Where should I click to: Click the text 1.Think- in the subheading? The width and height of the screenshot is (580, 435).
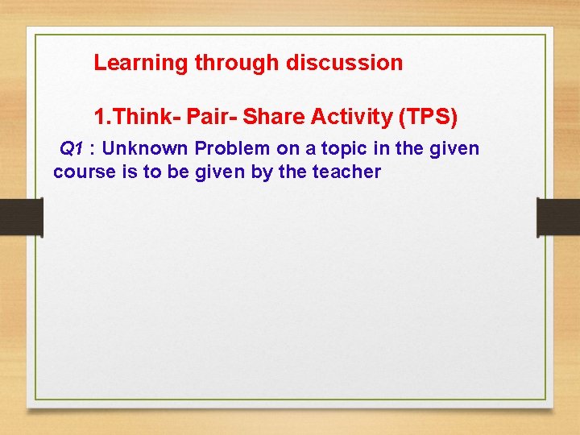[137, 118]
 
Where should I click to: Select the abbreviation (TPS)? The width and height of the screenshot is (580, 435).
[428, 118]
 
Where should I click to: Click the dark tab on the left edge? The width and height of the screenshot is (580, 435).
[21, 217]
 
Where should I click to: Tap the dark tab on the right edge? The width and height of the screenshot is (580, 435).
[558, 217]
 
